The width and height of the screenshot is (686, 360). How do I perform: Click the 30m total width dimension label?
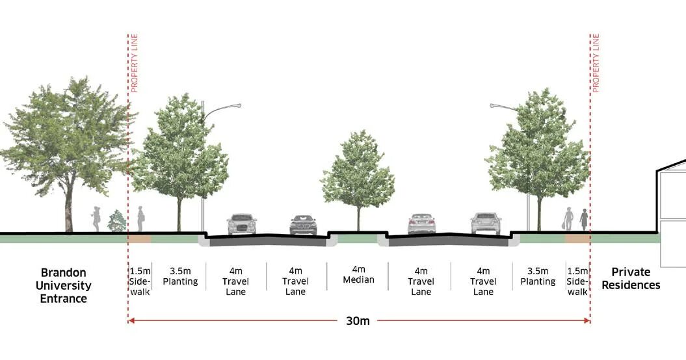(358, 320)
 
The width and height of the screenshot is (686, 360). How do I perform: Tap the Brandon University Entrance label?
(63, 285)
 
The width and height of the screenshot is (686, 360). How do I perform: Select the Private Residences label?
(635, 279)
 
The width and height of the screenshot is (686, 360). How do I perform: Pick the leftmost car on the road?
(241, 224)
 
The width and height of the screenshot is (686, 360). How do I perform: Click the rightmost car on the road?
(486, 223)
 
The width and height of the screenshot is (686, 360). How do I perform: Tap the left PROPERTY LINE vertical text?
(135, 63)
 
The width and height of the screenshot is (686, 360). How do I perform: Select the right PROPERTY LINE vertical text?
(596, 63)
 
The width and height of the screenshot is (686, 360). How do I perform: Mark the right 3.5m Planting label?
(538, 276)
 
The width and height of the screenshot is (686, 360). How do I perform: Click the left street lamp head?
(235, 105)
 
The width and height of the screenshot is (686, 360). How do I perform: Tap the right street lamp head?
(495, 105)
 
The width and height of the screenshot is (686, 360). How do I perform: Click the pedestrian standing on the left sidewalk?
(140, 219)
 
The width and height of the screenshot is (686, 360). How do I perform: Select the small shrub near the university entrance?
(117, 222)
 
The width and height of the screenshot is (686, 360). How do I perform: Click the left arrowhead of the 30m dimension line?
(131, 320)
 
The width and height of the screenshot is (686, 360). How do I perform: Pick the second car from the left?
(303, 225)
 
